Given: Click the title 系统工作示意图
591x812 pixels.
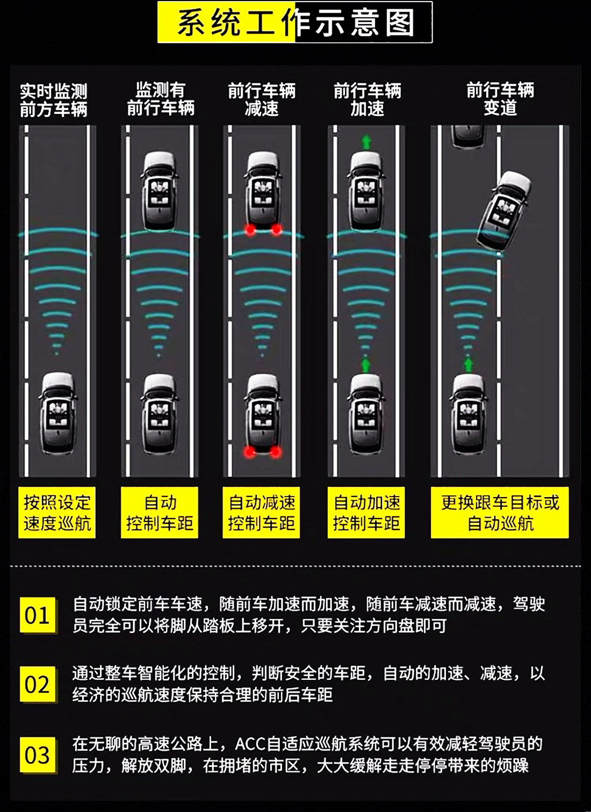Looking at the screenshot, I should (295, 23).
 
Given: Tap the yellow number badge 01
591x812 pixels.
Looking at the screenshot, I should (37, 615).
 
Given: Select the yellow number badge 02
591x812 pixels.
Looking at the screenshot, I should (37, 684).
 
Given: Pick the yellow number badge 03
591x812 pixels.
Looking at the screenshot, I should (37, 755).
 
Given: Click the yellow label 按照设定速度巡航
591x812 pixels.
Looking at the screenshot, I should (57, 513).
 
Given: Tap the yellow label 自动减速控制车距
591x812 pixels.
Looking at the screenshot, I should (261, 513).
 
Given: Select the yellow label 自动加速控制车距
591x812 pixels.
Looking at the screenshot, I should (366, 513).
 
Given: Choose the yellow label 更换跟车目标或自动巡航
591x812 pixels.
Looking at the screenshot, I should (500, 513).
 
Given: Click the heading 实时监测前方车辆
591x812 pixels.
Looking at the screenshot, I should (53, 100).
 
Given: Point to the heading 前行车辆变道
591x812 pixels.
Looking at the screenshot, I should (500, 99).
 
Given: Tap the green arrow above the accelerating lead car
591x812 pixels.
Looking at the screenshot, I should (366, 142).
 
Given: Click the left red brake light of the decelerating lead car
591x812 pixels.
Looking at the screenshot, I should (250, 230).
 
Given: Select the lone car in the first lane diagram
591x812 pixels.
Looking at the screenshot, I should (57, 413).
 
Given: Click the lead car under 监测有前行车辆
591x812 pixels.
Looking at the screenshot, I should (159, 191).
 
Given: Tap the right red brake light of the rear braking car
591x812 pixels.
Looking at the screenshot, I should (276, 452).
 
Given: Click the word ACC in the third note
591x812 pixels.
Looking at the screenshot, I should (250, 744).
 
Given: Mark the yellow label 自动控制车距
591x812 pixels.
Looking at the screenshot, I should (160, 513).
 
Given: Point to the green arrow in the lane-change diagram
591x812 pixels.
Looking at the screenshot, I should (469, 365).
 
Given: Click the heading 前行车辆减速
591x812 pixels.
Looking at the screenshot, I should (262, 100).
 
